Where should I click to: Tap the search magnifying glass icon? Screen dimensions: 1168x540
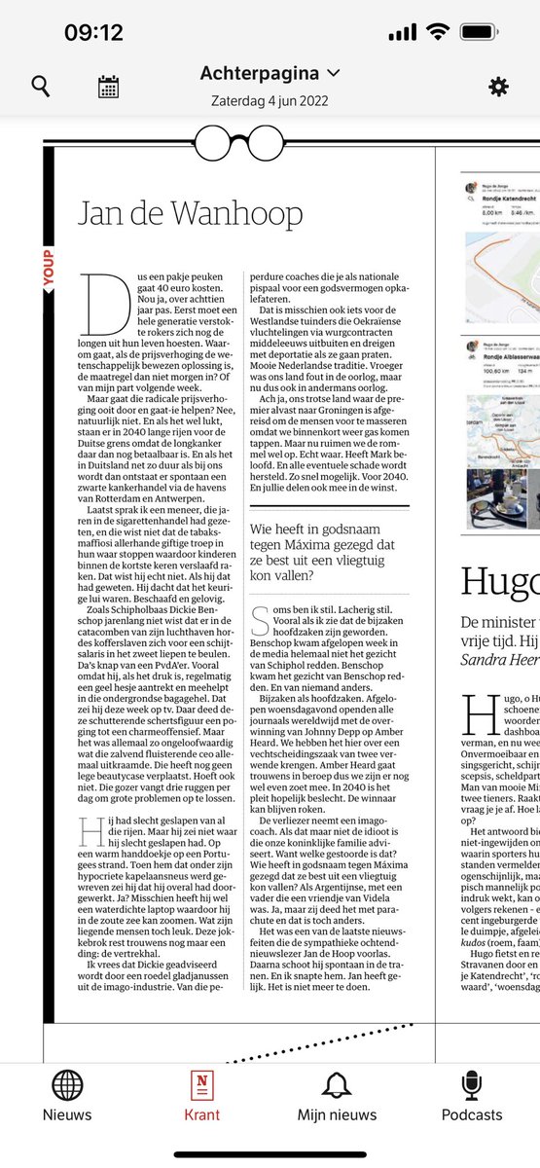click(x=40, y=87)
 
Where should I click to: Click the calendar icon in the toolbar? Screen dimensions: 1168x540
click(x=108, y=87)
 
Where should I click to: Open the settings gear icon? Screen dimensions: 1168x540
click(x=498, y=87)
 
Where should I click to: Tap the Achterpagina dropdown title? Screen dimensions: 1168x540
click(x=270, y=73)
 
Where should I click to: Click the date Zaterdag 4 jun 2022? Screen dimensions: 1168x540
click(x=270, y=99)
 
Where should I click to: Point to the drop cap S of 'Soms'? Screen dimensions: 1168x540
click(x=259, y=615)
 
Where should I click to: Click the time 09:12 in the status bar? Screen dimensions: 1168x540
click(x=93, y=32)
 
